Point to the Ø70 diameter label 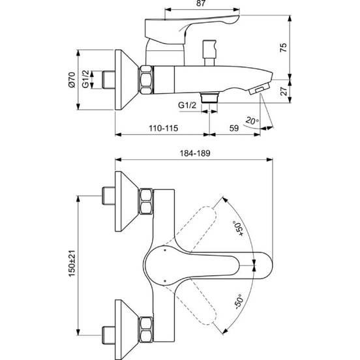pyautogui.click(x=71, y=82)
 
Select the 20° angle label pyautogui.click(x=252, y=120)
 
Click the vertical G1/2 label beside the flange pyautogui.click(x=85, y=82)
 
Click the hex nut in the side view pyautogui.click(x=145, y=82)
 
